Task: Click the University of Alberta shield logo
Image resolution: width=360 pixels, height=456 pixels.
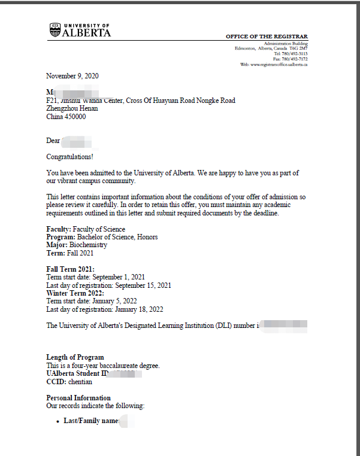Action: [x=55, y=29]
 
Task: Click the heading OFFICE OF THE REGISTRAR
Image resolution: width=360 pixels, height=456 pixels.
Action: [x=267, y=37]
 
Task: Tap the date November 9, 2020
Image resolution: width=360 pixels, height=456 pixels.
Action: [x=72, y=76]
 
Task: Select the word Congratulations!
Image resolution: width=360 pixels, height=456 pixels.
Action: [x=70, y=157]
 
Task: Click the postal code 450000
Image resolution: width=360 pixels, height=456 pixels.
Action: [x=75, y=117]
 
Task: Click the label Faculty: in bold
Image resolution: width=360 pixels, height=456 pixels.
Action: [x=59, y=229]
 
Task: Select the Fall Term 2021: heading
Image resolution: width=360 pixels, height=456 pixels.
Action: [x=70, y=269]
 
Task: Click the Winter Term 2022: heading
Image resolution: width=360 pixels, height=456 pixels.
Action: [x=75, y=293]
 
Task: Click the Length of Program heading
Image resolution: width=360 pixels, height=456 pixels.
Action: [x=75, y=357]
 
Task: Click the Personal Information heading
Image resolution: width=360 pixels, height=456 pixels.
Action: [x=78, y=398]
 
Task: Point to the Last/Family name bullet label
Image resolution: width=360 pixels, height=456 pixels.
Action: [x=92, y=421]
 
